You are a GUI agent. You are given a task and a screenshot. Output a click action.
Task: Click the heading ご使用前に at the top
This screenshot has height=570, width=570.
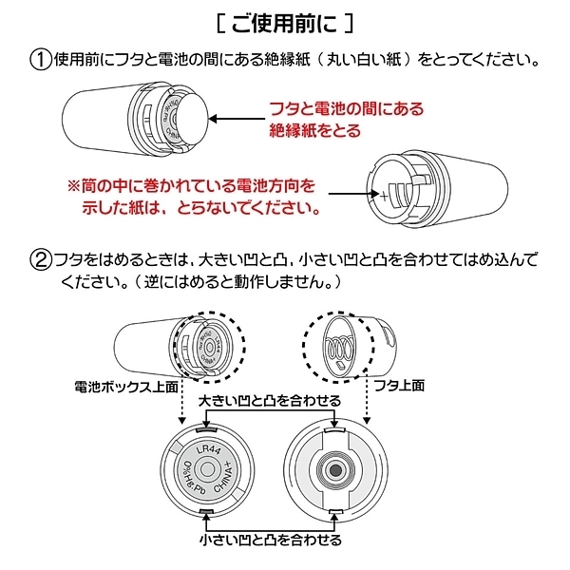click(284, 21)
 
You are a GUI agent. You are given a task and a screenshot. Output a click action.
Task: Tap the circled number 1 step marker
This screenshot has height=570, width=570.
click(40, 60)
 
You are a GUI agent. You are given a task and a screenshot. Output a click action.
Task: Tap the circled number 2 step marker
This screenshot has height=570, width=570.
click(40, 258)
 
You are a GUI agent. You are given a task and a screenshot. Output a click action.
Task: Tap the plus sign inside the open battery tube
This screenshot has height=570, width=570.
click(383, 200)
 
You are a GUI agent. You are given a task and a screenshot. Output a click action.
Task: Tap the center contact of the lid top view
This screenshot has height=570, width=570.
click(333, 470)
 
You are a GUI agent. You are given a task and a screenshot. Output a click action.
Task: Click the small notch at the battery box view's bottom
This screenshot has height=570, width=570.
click(206, 514)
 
